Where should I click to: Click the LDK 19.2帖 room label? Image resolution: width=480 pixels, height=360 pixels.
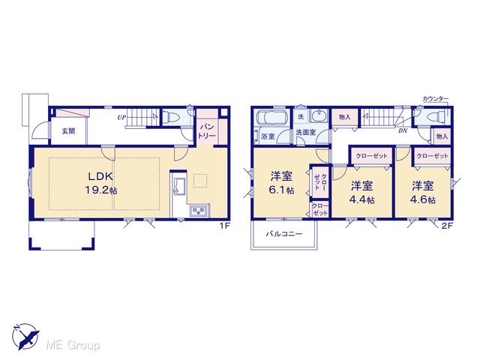point(101,183)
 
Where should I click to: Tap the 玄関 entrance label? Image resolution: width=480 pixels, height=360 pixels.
point(68,131)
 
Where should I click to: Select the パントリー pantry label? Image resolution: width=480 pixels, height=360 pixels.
point(207,132)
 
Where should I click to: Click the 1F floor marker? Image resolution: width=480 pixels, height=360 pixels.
point(224,226)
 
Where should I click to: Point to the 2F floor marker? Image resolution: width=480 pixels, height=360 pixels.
point(447,226)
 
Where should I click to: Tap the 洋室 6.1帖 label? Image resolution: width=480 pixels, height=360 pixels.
point(281,183)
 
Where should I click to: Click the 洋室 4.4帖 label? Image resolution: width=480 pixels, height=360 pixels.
point(362,193)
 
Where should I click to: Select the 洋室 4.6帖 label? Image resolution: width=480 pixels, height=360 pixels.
point(423,193)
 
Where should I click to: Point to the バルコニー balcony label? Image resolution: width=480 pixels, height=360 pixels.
point(283,234)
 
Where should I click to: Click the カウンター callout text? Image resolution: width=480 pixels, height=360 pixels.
point(435,98)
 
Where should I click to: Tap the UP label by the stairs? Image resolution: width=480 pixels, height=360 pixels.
point(121,118)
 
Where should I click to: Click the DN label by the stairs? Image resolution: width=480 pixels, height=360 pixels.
point(403,130)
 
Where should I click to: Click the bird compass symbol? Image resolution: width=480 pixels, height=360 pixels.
point(25,337)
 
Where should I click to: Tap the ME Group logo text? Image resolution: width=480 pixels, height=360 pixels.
point(73,346)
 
